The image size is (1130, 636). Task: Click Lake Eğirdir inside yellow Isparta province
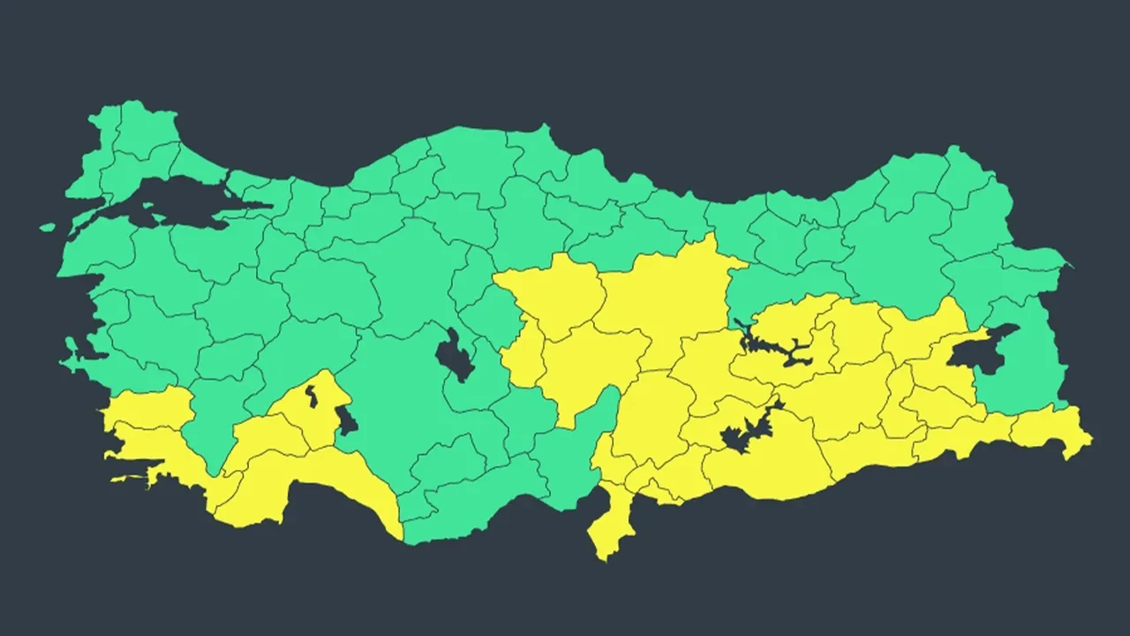pos(311,395)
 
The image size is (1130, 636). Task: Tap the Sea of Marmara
pos(177,199)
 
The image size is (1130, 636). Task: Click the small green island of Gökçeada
pos(48,227)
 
